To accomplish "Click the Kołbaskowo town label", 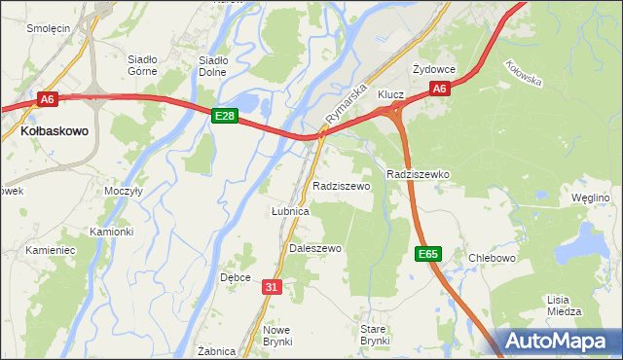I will tap(55, 129).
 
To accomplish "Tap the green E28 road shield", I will tap(225, 116).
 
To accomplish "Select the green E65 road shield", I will tap(428, 254).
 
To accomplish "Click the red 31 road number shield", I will tap(272, 286).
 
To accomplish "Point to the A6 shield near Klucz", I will tap(439, 90).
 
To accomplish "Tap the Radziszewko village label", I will tap(417, 174).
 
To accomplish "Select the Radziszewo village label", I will tap(341, 185).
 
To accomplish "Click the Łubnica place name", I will tap(289, 210).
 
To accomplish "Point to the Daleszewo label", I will tap(315, 249).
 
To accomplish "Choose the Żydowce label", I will tap(433, 69).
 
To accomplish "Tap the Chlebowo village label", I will tap(491, 258).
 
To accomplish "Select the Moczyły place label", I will tap(124, 192).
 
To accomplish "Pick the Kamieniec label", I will tap(51, 250).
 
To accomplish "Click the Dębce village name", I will tap(236, 277).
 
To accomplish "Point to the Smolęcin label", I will tap(48, 29).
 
